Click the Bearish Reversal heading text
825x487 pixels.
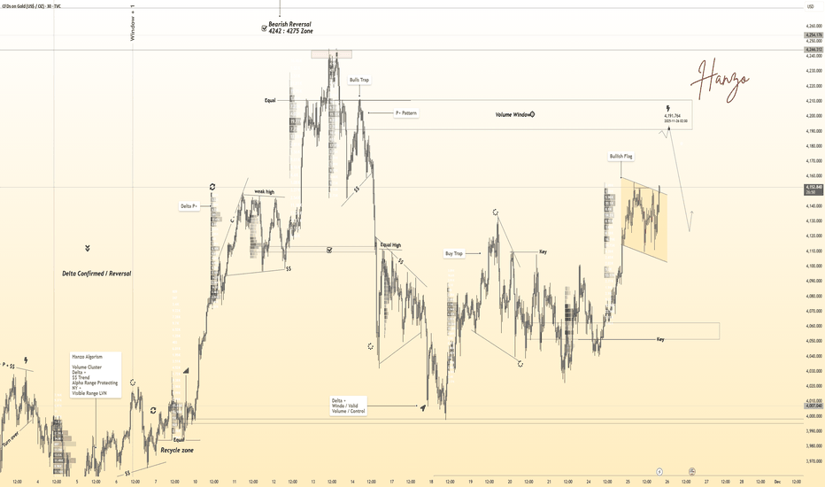click(290, 24)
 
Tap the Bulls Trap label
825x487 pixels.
click(359, 80)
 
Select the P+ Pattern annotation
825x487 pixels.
click(405, 113)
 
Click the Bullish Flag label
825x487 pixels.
click(621, 157)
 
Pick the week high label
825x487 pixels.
click(265, 191)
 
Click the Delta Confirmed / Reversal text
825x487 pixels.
click(96, 274)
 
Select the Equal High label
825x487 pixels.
click(390, 244)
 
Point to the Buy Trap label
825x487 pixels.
click(453, 253)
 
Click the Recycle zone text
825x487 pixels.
click(177, 450)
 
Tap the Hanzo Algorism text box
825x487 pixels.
click(96, 374)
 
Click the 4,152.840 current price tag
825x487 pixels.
click(812, 188)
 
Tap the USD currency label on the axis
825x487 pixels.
click(810, 7)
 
